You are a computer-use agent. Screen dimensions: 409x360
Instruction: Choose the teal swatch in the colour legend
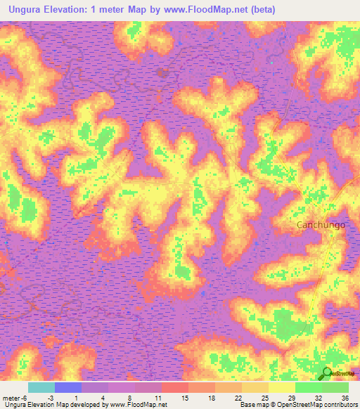click(x=41, y=387)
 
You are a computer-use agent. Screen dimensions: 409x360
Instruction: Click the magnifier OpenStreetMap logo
click(x=327, y=374)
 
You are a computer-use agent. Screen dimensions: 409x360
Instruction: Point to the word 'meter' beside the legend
click(x=11, y=398)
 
